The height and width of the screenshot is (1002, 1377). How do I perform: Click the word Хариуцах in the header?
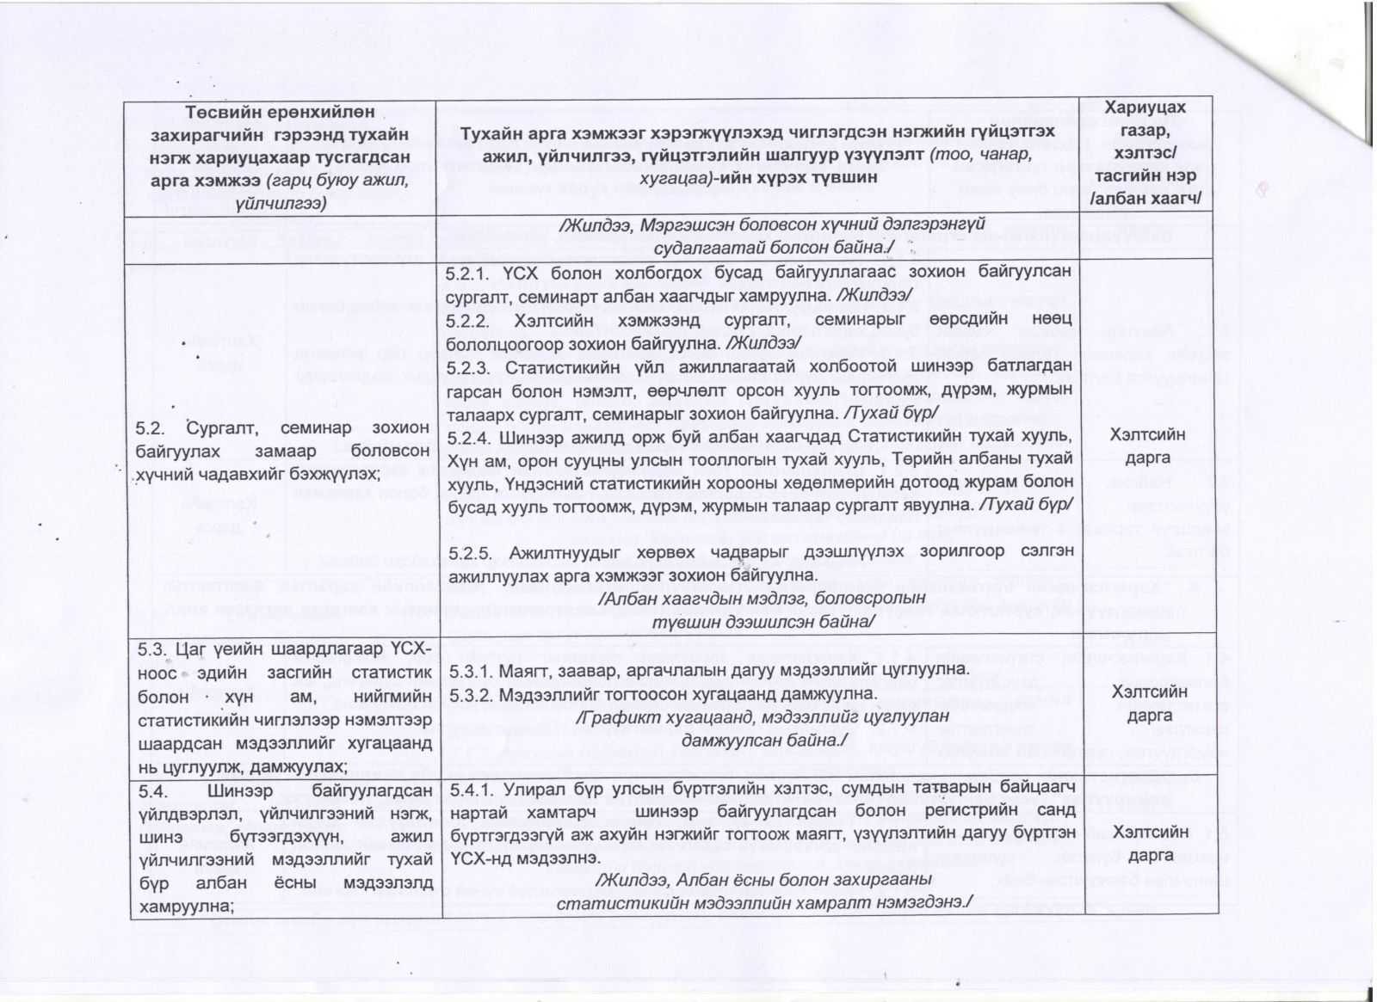(x=1149, y=108)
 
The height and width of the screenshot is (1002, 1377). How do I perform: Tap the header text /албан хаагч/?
(x=1149, y=200)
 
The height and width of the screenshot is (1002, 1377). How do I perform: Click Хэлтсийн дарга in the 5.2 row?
(x=1149, y=446)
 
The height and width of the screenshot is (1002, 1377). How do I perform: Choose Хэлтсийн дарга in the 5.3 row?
(x=1149, y=703)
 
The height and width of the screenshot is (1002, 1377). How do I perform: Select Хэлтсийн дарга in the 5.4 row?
(x=1149, y=844)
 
